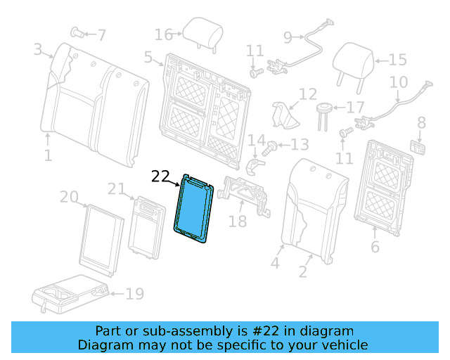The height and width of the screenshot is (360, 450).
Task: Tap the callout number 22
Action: (x=161, y=176)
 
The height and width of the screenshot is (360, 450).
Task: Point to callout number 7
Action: (x=102, y=34)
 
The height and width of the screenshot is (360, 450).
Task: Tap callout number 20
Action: (x=68, y=198)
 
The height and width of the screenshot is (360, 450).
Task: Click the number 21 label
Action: (x=116, y=188)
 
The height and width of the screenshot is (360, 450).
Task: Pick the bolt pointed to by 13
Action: (x=270, y=147)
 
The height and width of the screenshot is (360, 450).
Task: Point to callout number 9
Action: (x=288, y=37)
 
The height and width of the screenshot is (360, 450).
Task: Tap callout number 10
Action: (x=399, y=82)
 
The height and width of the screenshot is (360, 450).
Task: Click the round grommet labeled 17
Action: (x=325, y=108)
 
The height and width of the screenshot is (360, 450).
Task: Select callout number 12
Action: (x=308, y=94)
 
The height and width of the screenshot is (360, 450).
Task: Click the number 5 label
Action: (x=148, y=58)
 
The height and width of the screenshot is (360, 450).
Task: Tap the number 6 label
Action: (x=375, y=247)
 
